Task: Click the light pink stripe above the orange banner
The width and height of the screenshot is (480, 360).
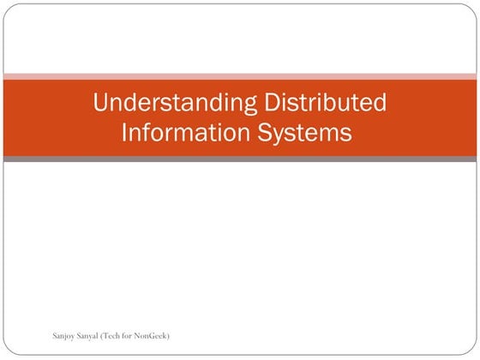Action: [240, 76]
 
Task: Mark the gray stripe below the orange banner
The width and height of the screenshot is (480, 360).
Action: [240, 159]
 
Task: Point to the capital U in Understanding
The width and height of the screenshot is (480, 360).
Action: [101, 105]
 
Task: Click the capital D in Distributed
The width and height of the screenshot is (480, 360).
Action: [273, 105]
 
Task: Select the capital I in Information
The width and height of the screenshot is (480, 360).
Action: [125, 133]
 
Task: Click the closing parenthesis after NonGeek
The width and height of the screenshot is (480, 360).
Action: [169, 335]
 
